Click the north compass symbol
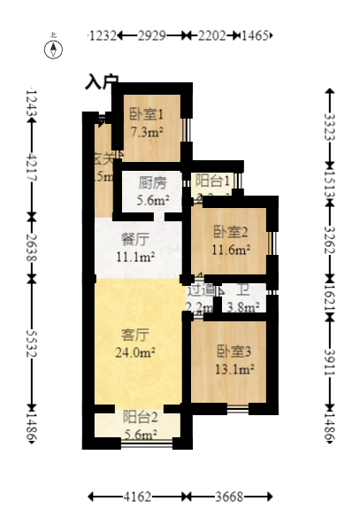tap(53, 47)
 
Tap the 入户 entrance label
tap(102, 81)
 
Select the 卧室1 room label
tap(146, 113)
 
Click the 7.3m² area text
tap(146, 132)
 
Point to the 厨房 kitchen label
tap(151, 183)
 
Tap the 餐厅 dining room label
tap(134, 238)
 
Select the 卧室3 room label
tap(234, 351)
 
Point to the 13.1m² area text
tap(235, 369)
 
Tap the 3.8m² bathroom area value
tap(242, 308)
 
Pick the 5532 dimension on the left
tap(32, 344)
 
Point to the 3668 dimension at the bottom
tap(233, 497)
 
